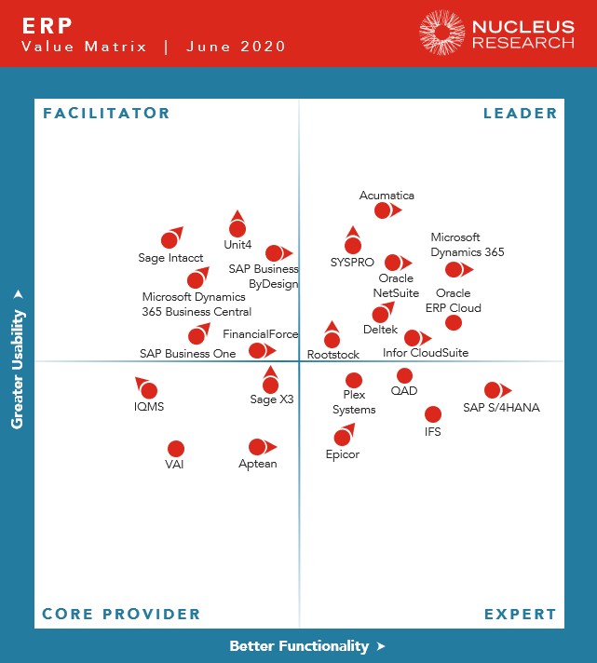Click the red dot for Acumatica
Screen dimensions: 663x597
383,211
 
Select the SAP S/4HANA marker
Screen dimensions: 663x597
493,390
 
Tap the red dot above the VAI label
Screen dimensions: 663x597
175,449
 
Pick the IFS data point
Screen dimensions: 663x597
433,414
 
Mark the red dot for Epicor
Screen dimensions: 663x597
342,438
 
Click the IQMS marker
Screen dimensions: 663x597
149,390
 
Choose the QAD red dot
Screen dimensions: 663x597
403,376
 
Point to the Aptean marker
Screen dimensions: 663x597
257,447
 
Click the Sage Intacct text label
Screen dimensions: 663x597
164,258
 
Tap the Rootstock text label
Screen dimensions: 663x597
332,355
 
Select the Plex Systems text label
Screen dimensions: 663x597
354,402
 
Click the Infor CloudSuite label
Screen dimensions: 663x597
426,353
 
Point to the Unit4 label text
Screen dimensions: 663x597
237,245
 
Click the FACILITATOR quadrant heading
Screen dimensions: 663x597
106,114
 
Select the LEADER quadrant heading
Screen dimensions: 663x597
520,114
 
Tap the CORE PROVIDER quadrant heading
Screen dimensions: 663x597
121,614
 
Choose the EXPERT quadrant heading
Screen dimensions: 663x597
520,614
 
